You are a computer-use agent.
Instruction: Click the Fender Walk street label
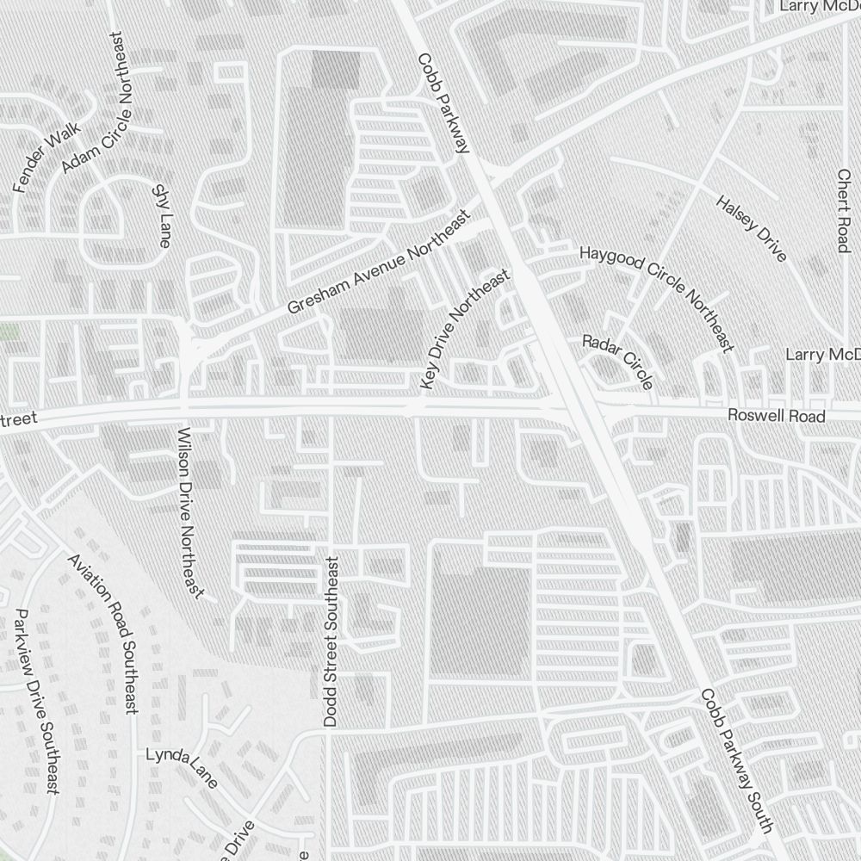click(46, 156)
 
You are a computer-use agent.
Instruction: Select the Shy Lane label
click(159, 216)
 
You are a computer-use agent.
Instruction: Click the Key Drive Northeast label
click(464, 328)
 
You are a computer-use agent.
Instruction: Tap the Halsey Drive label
click(752, 228)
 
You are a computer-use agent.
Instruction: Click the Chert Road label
click(843, 211)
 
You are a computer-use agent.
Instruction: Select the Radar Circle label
click(617, 361)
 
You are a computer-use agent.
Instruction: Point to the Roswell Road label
click(776, 416)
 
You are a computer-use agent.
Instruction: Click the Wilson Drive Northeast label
click(190, 511)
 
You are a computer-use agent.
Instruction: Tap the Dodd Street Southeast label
click(331, 641)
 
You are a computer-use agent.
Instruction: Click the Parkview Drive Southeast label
click(36, 701)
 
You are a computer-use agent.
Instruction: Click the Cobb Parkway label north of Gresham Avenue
click(443, 103)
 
